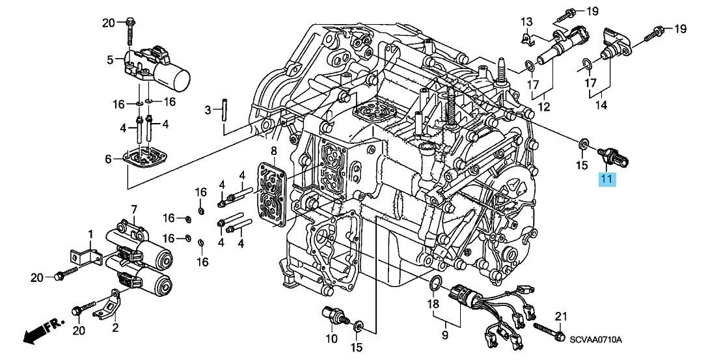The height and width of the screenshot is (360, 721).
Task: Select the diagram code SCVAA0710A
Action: click(596, 340)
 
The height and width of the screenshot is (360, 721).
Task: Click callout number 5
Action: click(111, 61)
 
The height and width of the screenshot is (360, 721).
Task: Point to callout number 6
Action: click(109, 159)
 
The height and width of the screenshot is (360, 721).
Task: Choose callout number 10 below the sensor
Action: click(331, 339)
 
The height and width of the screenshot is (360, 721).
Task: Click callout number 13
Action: click(526, 23)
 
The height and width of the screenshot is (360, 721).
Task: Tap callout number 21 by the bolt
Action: click(560, 316)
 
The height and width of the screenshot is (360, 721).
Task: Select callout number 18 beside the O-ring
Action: click(433, 303)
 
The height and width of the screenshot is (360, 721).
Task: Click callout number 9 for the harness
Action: click(446, 335)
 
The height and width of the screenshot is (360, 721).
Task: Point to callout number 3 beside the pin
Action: click(209, 111)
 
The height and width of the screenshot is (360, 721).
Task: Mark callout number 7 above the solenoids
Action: click(134, 209)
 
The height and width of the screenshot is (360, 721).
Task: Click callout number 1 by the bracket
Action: click(90, 234)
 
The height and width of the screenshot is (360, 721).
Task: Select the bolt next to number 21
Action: click(549, 330)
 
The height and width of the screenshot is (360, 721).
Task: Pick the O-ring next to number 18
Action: click(437, 282)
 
